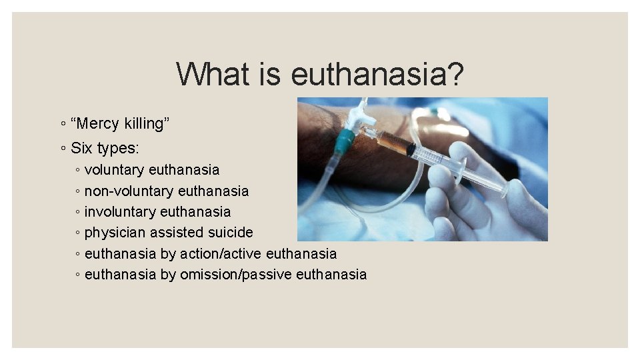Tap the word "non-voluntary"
pyautogui.click(x=125, y=191)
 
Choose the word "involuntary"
pyautogui.click(x=115, y=212)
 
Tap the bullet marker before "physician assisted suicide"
pyautogui.click(x=78, y=233)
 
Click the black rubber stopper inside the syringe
pyautogui.click(x=411, y=149)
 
